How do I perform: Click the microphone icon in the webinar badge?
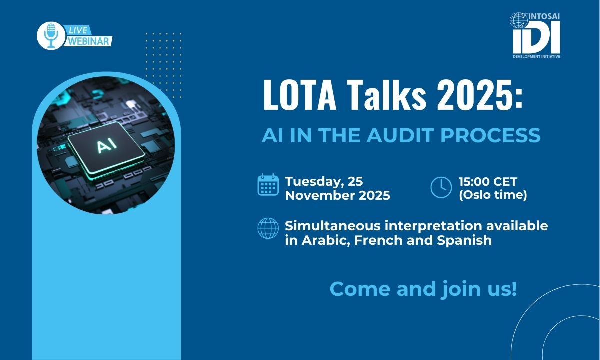50,36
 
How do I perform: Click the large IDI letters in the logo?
536,39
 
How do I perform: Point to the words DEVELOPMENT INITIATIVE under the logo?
536,57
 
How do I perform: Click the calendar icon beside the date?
268,185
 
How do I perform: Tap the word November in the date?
320,195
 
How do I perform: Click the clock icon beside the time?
441,187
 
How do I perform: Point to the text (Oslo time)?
493,195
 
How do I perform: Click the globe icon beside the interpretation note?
268,228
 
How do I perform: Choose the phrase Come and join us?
423,289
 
